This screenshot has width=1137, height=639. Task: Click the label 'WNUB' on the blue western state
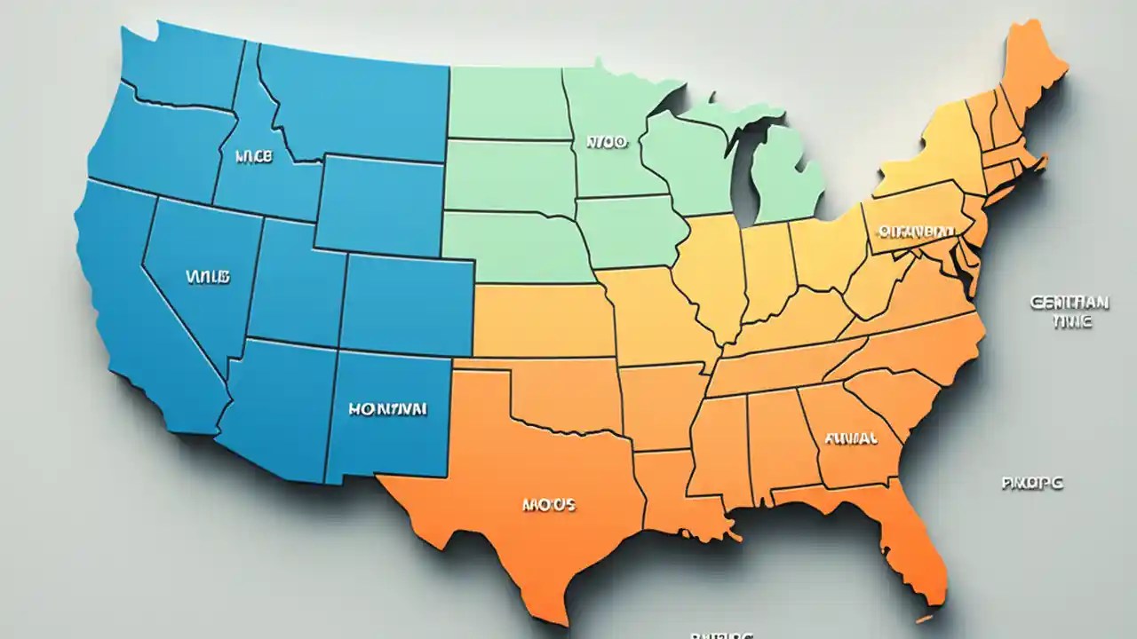point(209,277)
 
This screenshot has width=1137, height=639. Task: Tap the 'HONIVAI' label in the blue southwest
point(387,409)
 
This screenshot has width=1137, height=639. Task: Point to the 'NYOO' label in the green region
point(607,140)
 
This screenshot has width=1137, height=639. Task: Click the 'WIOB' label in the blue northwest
point(254,156)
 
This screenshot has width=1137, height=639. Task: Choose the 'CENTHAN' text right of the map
point(1069,303)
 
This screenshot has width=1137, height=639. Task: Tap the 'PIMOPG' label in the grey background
point(1033,484)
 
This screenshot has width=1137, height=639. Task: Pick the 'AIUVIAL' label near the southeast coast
point(851,438)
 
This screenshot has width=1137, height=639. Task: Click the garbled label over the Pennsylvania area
point(915,232)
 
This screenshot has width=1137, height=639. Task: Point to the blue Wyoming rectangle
point(380,206)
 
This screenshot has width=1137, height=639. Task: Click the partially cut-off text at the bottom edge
point(721,635)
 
